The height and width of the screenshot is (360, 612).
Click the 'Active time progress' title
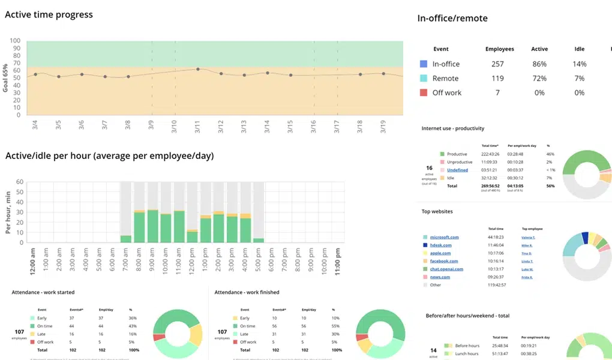tap(49, 14)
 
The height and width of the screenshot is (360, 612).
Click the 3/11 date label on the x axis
tap(197, 127)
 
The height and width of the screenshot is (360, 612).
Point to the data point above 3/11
tap(198, 70)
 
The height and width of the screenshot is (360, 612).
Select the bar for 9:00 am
tap(152, 226)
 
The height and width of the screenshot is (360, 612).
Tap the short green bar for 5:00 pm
tap(258, 240)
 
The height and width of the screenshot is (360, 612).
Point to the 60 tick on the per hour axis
tap(20, 182)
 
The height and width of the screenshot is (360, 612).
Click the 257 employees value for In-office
tap(498, 64)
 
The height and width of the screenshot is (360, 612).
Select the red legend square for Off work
tap(424, 92)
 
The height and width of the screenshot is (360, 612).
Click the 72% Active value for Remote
tap(539, 78)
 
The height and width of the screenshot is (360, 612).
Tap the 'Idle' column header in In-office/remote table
tap(579, 49)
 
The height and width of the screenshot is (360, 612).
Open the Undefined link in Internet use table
tap(457, 170)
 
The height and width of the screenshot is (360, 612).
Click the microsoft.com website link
tap(445, 238)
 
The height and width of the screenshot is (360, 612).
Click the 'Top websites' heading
tap(437, 212)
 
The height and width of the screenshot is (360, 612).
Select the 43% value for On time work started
tap(132, 325)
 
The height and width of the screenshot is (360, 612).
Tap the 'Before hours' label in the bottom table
tap(467, 346)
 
